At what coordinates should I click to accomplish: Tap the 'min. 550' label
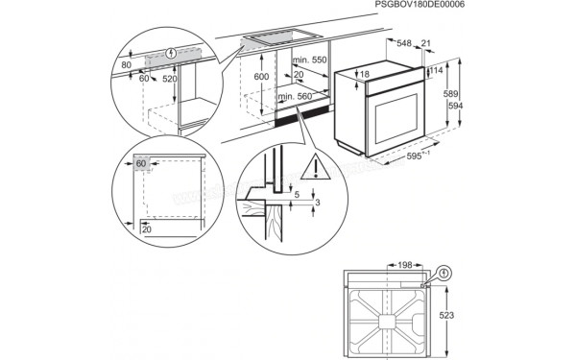(306, 60)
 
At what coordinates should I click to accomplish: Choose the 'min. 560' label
(297, 97)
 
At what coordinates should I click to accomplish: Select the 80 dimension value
(126, 65)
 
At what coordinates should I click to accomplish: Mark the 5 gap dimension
(298, 196)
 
